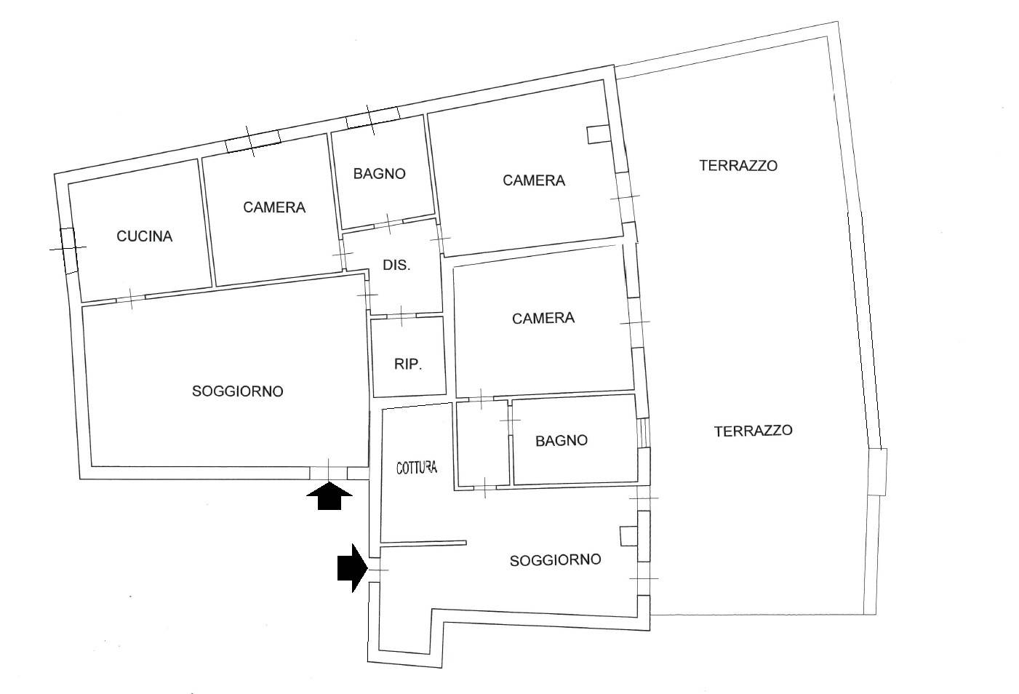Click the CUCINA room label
[145, 236]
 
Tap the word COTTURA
[417, 467]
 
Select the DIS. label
[396, 266]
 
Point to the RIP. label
[409, 364]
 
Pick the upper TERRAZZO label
[738, 165]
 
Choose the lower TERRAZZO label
[753, 431]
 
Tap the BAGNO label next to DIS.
[379, 174]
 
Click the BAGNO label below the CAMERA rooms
[561, 441]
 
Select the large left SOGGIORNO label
[237, 391]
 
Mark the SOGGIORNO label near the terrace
[555, 560]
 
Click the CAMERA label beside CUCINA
[274, 207]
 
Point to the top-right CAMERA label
[534, 180]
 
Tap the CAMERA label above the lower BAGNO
[543, 318]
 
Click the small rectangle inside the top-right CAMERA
[598, 135]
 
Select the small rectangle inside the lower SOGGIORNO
[628, 536]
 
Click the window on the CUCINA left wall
[68, 250]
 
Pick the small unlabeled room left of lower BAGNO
[482, 443]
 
